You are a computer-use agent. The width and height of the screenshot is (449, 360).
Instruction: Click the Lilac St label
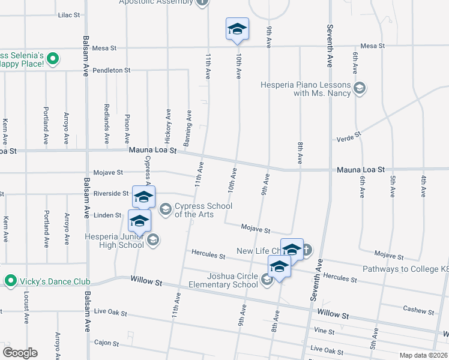(x=69, y=14)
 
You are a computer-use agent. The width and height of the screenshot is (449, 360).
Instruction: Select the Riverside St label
(x=111, y=193)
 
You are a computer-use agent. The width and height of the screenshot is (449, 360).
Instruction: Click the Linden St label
(x=108, y=215)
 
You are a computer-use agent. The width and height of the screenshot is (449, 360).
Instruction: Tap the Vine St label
(x=324, y=331)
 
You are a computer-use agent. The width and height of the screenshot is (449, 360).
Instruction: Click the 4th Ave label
(x=423, y=186)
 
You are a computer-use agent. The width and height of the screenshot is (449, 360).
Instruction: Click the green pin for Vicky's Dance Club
(x=10, y=281)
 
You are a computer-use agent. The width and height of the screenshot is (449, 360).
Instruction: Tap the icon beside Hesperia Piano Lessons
(x=360, y=89)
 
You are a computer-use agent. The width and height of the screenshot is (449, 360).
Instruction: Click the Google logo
(x=20, y=353)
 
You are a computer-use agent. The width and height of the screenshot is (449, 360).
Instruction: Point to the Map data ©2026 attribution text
(x=423, y=355)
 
